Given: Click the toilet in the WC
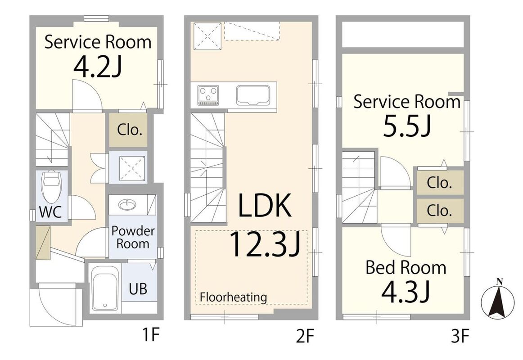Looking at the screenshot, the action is point(51,187).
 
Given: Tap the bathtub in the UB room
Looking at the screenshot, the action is point(105,288).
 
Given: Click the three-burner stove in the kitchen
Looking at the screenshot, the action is point(208,95).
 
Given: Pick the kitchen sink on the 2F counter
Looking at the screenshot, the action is point(253,95).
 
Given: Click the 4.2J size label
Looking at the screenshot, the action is point(97,66).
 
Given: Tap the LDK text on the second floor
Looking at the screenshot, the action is point(265,205).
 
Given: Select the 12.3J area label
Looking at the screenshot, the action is point(265,245).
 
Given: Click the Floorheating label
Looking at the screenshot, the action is point(234,297).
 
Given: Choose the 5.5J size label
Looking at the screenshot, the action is point(407,126).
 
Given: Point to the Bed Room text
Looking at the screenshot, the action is point(406,268).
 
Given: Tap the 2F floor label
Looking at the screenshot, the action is point(305,336).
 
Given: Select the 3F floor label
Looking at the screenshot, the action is point(460,336).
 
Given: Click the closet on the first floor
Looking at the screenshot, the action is point(128,130).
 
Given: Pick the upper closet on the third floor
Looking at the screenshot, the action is point(440,182).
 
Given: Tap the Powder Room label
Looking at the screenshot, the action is point(133,237).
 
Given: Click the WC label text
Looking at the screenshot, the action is point(51,212).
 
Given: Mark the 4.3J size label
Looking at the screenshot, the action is point(405,292).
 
